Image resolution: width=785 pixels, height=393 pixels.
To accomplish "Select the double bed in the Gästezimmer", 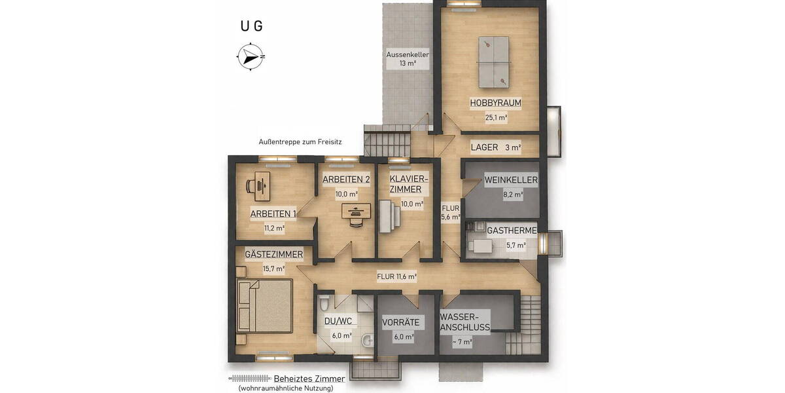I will click(x=264, y=305).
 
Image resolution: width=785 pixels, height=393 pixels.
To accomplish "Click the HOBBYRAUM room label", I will click(x=495, y=103).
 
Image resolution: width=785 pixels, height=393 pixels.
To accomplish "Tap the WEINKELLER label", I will click(x=510, y=179).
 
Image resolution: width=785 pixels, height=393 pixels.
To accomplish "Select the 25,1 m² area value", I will click(x=496, y=118).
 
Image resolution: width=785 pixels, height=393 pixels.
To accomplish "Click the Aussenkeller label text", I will click(x=408, y=54).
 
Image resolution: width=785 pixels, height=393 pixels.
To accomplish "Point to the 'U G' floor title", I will click(x=251, y=26).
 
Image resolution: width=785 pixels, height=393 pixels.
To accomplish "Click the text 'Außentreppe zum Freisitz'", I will click(x=300, y=141).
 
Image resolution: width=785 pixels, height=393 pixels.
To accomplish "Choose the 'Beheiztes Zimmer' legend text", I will click(x=309, y=379).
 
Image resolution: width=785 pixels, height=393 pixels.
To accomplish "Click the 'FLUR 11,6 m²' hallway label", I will click(x=396, y=276).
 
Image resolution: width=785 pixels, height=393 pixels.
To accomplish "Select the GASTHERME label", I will click(x=512, y=231).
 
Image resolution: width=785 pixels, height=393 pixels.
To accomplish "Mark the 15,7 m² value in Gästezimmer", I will click(x=274, y=269).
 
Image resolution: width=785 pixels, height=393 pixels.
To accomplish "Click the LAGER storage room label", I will click(x=484, y=147).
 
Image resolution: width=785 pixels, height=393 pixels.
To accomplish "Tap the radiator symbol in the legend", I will click(x=249, y=379).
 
